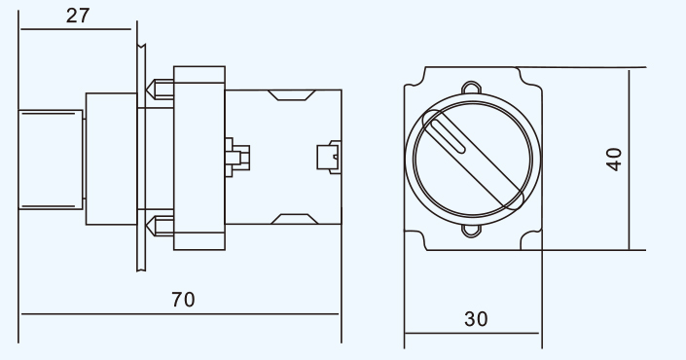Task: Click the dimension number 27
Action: [x=78, y=16]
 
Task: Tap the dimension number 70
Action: [x=183, y=300]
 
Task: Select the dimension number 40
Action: [x=614, y=160]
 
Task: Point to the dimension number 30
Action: [x=476, y=319]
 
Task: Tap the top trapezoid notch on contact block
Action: [x=291, y=95]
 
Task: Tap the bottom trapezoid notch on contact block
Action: [x=295, y=219]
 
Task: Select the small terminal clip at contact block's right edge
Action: [x=329, y=157]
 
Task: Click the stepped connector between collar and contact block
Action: [x=237, y=158]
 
